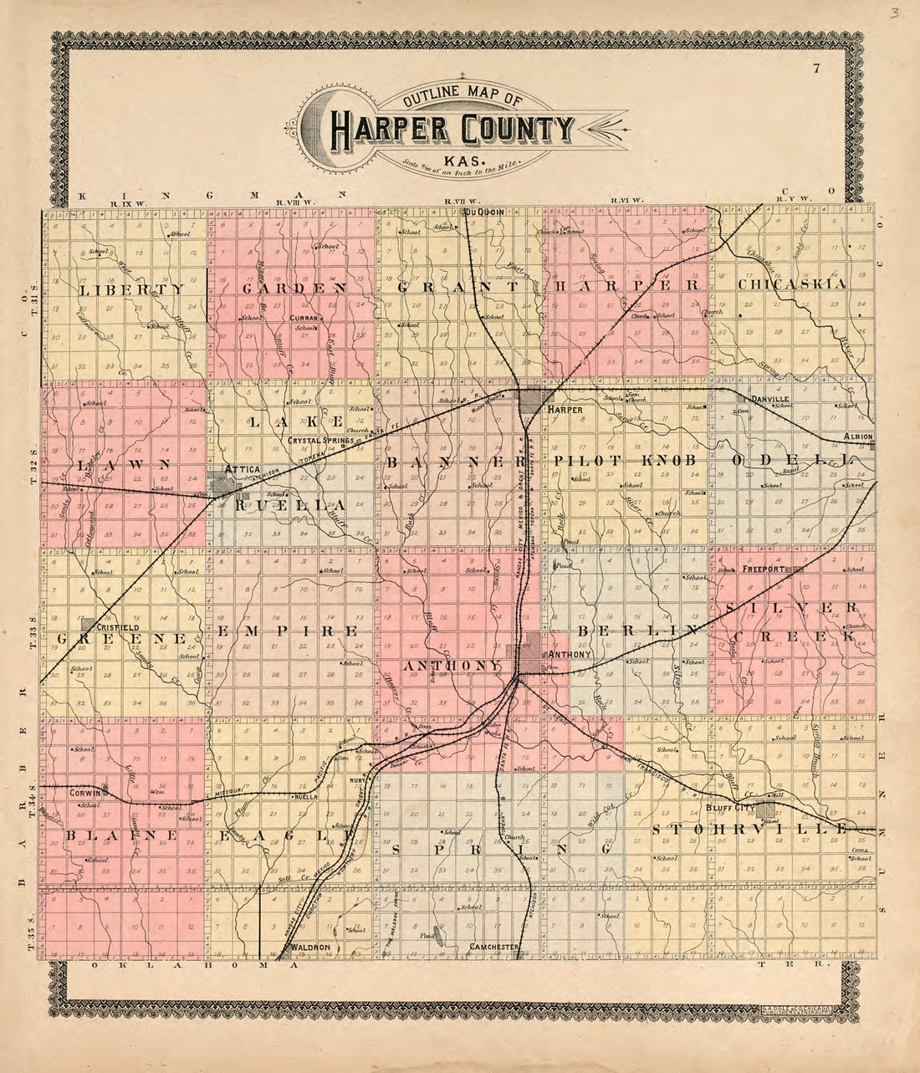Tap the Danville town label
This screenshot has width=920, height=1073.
769,400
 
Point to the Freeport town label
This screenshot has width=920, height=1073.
761,569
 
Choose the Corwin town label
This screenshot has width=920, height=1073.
86,790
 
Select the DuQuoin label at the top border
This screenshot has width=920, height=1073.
484,212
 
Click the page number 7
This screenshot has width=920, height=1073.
815,69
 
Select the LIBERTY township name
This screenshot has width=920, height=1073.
131,289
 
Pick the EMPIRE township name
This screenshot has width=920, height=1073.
289,630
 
